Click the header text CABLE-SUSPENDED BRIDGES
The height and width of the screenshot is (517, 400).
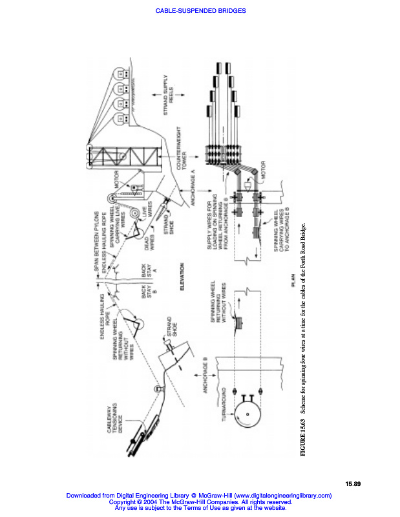(200, 10)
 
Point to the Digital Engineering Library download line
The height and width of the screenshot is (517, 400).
(199, 496)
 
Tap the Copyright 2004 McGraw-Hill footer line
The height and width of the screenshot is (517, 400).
(199, 502)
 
